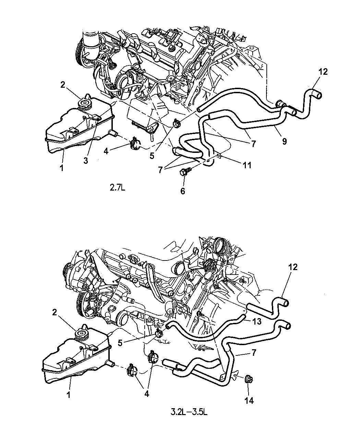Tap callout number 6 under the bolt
click(183, 191)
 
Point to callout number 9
click(284, 141)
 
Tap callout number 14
click(249, 400)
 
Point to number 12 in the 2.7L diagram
click(323, 72)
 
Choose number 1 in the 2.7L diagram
click(61, 168)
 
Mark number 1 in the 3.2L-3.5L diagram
click(68, 395)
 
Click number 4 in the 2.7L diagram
click(106, 150)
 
